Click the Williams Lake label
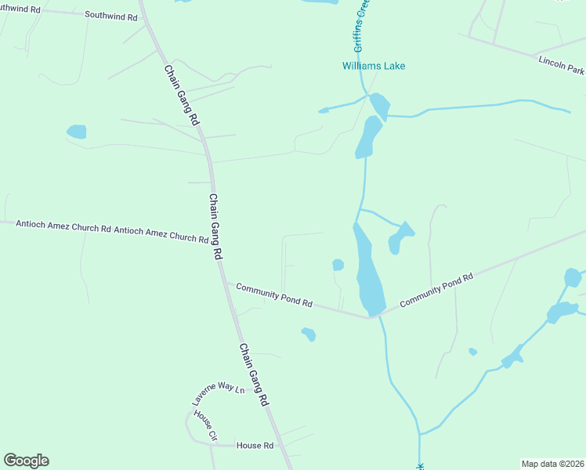(374, 66)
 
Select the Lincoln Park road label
(561, 65)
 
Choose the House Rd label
(255, 446)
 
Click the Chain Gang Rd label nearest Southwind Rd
(181, 95)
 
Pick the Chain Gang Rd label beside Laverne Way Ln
(254, 374)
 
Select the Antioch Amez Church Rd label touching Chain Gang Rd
(161, 233)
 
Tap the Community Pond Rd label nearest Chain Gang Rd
(274, 295)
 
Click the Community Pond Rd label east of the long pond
(436, 290)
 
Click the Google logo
(26, 461)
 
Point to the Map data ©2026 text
(552, 464)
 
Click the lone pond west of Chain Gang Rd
(77, 132)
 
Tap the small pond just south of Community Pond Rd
(309, 334)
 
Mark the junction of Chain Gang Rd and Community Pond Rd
(226, 284)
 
